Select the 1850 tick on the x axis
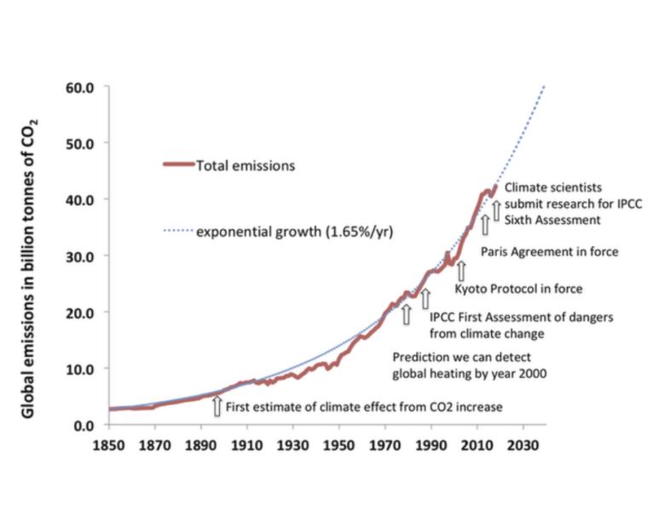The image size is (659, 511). click(110, 444)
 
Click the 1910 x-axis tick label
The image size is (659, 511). click(247, 444)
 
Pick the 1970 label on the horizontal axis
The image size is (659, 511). click(384, 444)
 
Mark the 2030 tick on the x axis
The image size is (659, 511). click(522, 444)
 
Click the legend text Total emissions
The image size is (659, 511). click(246, 166)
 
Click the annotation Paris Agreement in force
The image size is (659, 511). click(549, 252)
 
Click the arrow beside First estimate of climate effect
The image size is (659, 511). click(217, 406)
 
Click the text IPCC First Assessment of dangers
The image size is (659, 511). click(521, 318)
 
